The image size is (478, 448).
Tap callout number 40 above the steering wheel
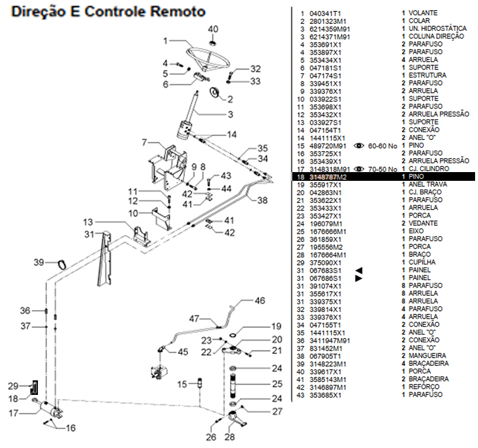[x=213, y=29]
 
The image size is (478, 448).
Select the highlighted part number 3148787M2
[x=327, y=176]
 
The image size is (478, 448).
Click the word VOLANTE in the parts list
[x=423, y=13]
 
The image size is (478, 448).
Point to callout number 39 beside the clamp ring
[x=39, y=262]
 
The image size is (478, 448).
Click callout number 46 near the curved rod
[x=259, y=301]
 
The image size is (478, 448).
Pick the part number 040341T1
[x=325, y=13]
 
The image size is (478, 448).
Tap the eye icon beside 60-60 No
[x=360, y=145]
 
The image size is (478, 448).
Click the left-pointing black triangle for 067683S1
[x=360, y=270]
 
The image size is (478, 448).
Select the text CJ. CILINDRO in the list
[x=429, y=169]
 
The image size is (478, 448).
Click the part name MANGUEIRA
[x=428, y=355]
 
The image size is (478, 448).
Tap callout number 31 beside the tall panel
[x=89, y=235]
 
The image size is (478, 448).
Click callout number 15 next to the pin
[x=182, y=384]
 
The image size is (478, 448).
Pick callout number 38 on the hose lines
[x=262, y=200]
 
